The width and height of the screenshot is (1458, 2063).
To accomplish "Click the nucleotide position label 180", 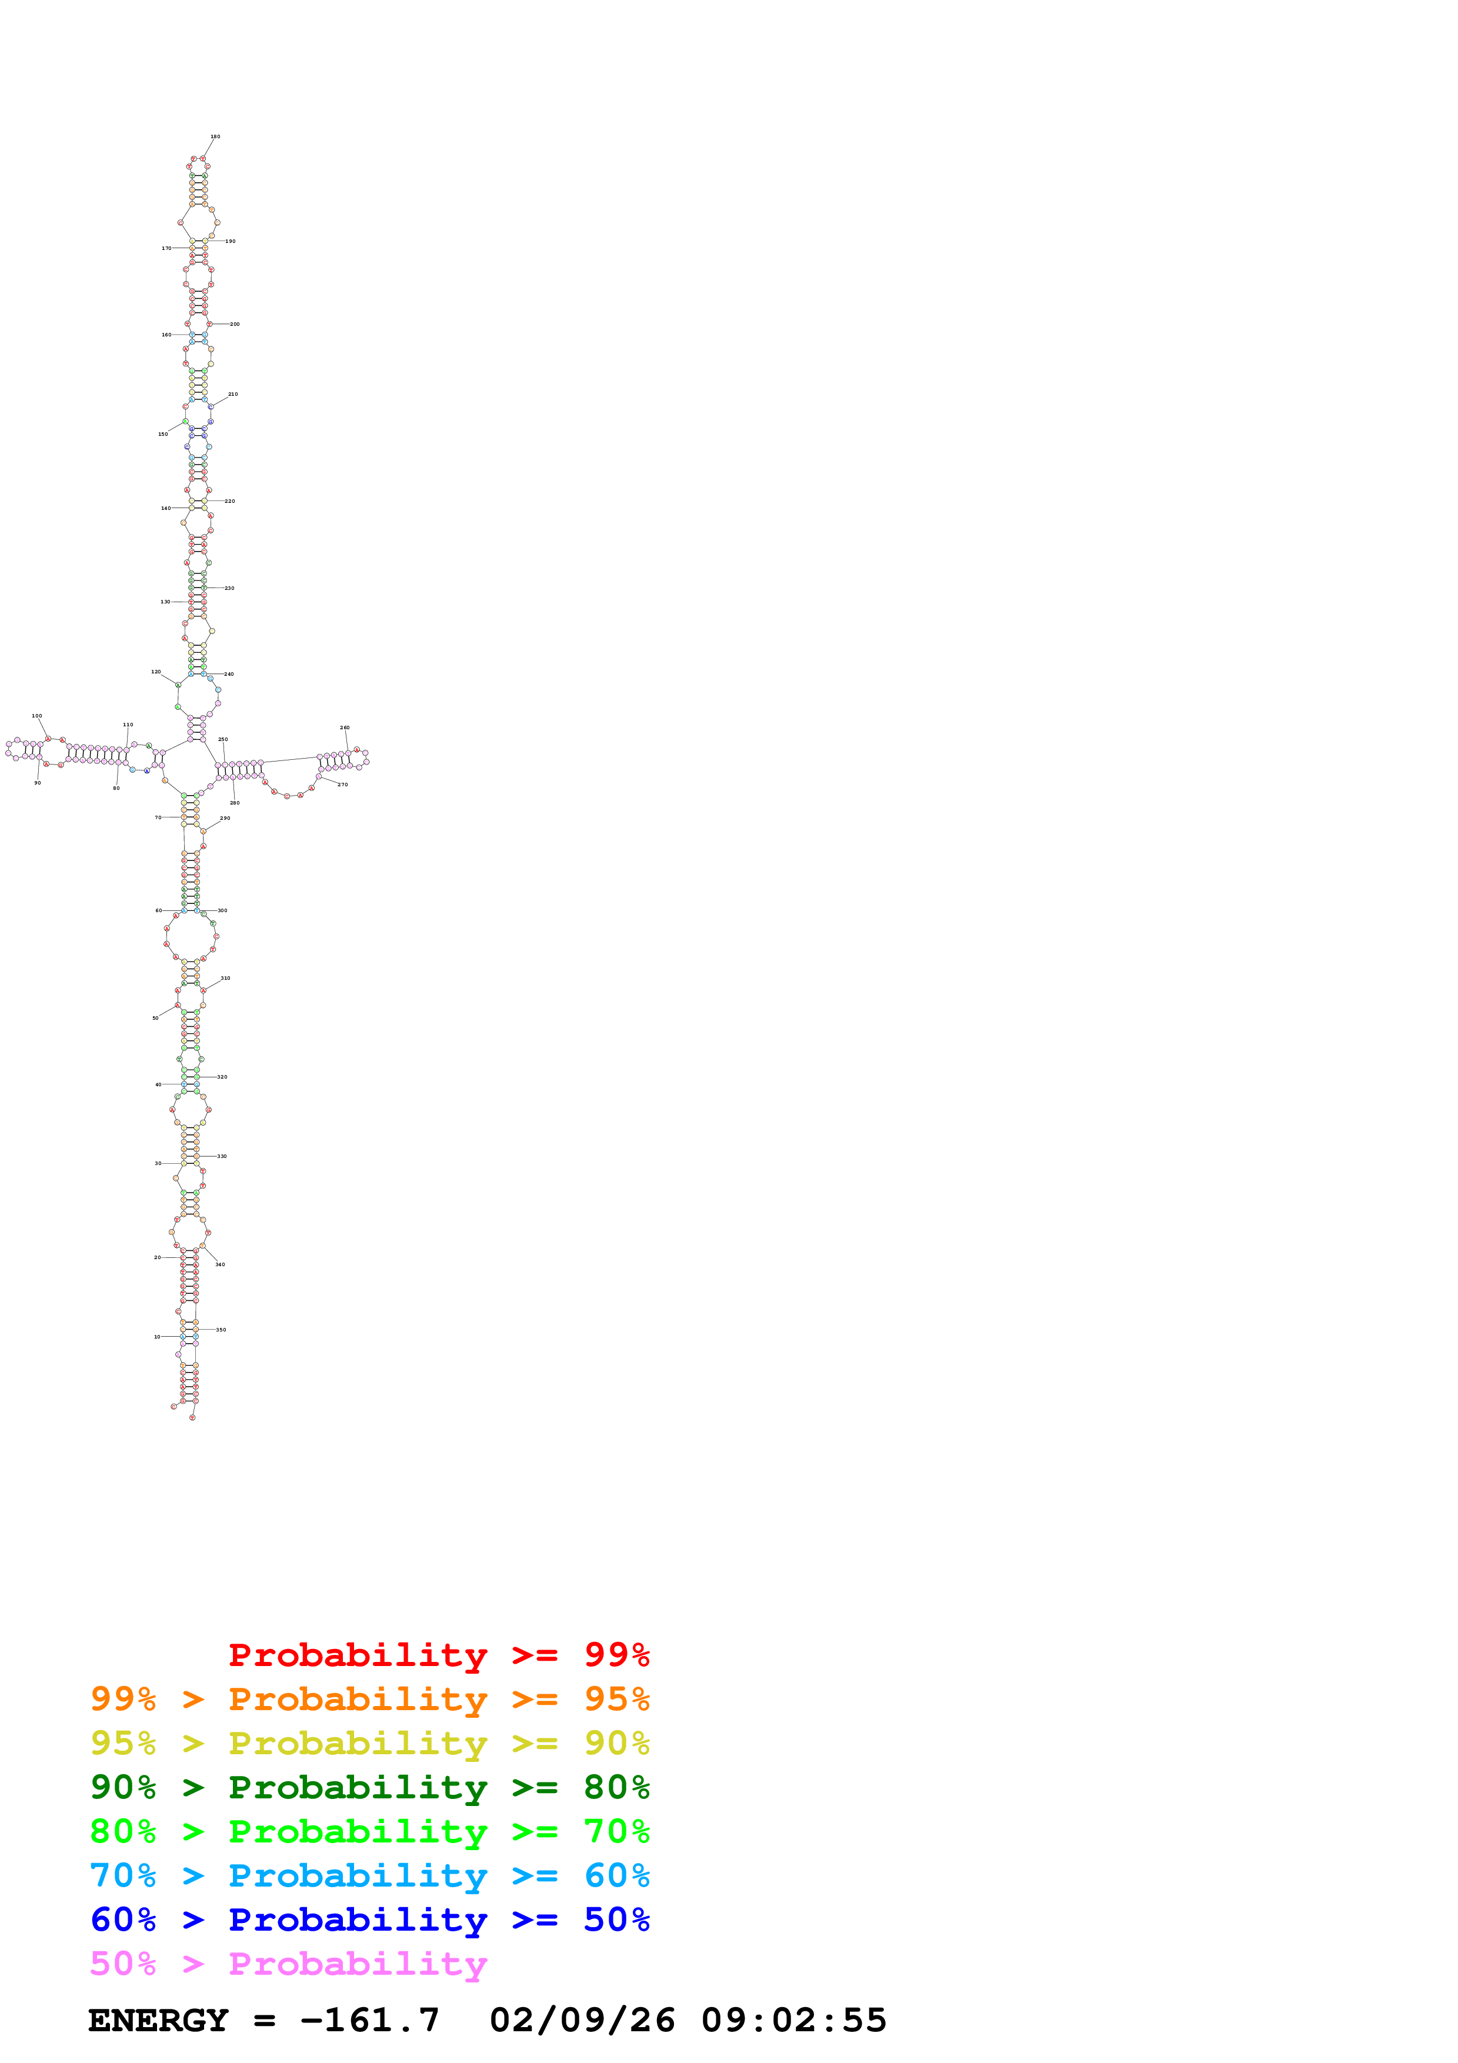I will [x=215, y=136].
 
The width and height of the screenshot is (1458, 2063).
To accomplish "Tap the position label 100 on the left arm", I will [x=37, y=716].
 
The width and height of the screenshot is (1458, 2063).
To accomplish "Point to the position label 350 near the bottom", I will [x=221, y=1330].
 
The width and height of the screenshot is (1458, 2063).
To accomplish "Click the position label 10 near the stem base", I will [x=157, y=1337].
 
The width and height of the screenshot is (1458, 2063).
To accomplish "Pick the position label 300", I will [x=222, y=910].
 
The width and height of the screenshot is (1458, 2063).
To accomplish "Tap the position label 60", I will [x=158, y=910].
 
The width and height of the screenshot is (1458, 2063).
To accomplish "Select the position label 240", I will [x=229, y=674].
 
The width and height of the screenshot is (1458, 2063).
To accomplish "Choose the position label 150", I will [x=162, y=434].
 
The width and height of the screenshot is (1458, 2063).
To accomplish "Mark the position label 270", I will [x=342, y=785].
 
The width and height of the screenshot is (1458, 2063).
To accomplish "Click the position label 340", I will [x=220, y=1264].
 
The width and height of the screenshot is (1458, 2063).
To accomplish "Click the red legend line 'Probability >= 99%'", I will [x=438, y=1655].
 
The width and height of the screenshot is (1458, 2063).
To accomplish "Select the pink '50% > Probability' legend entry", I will [x=288, y=1964].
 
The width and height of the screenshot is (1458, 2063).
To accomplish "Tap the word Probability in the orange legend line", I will [x=358, y=1699].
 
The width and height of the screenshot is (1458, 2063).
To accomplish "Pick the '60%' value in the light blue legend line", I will [x=616, y=1876].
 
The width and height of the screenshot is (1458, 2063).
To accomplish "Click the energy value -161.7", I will [x=369, y=2020].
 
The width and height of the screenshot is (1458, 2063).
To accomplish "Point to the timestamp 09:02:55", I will [x=793, y=2020].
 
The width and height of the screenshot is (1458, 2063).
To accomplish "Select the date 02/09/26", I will [x=582, y=2020].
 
